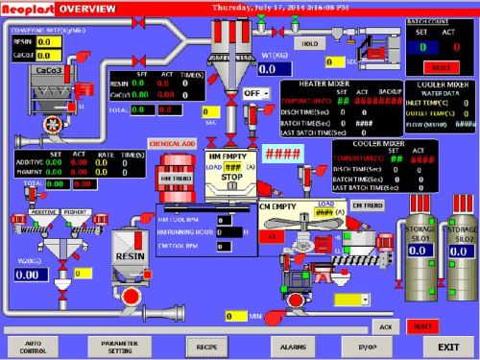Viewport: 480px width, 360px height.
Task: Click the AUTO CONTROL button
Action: tap(35, 346)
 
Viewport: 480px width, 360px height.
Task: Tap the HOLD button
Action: tap(310, 43)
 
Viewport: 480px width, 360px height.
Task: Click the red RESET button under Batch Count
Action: tap(443, 68)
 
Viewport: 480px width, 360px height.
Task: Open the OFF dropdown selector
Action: tap(255, 93)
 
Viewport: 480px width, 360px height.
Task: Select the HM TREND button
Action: tap(176, 179)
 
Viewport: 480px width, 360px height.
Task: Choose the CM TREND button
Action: tap(369, 204)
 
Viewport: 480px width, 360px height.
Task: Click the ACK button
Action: tap(385, 326)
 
